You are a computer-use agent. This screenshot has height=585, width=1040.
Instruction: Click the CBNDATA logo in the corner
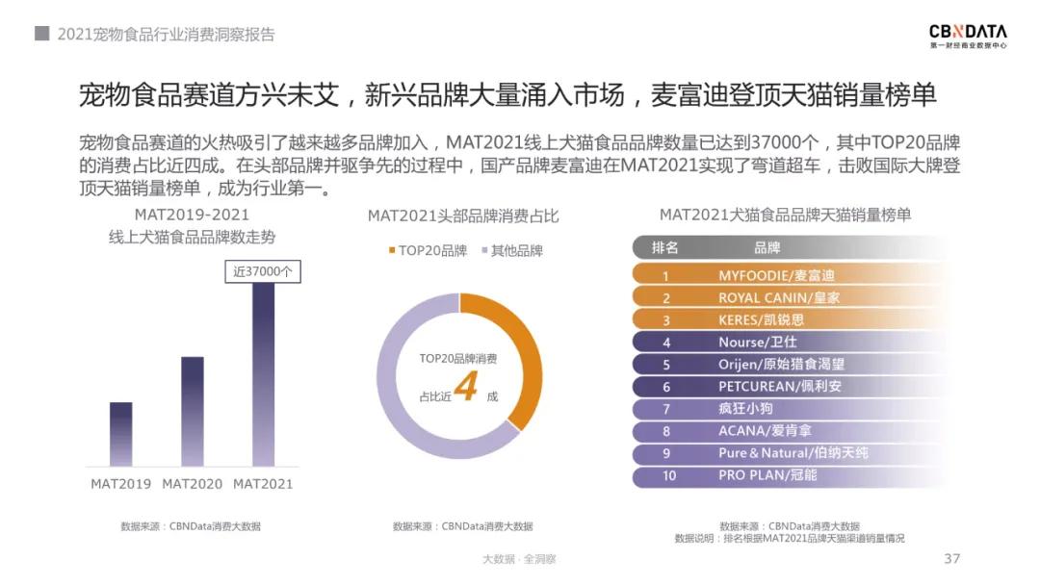pos(968,36)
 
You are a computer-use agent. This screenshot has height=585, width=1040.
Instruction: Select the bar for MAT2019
pos(120,434)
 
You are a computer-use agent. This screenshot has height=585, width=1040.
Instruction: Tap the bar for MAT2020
pos(193,411)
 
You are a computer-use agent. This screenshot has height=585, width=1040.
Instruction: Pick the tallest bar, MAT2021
pos(263,374)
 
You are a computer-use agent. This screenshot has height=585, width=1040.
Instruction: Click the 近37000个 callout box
pos(263,272)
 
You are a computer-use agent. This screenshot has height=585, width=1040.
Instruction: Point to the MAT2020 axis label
pos(193,484)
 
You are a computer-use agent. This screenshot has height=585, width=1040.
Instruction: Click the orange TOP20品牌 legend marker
pos(392,251)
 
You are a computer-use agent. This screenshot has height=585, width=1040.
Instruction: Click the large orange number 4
pos(466,386)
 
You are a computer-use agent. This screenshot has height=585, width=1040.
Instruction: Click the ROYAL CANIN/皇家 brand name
pos(779,297)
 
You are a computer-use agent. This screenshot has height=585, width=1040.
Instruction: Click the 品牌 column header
pos(767,248)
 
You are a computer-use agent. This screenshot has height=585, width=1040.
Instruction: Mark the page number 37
pos(952,559)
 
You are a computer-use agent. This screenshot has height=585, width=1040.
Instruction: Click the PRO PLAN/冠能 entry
pos(767,475)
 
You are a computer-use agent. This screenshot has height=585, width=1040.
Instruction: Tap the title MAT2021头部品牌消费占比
pos(463,216)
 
